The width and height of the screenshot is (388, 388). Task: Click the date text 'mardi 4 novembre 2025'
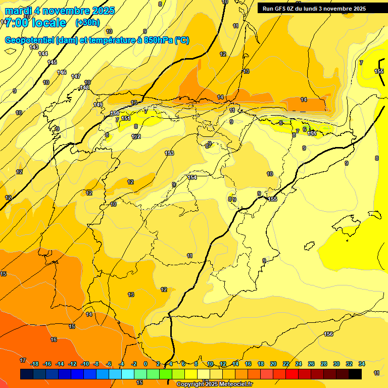[60, 11]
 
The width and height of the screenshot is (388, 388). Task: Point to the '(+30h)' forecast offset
[87, 23]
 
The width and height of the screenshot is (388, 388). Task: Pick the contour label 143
[34, 47]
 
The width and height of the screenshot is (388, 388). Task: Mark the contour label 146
[62, 72]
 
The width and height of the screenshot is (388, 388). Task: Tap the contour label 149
[98, 105]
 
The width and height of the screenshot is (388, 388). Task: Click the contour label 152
[136, 136]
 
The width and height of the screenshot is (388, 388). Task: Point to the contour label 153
[169, 153]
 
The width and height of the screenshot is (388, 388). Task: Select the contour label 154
[192, 177]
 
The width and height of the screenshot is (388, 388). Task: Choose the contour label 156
[328, 334]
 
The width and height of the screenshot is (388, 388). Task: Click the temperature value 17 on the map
[23, 360]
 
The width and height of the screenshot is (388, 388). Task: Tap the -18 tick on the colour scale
[35, 364]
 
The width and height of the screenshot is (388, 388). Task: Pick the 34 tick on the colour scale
[361, 364]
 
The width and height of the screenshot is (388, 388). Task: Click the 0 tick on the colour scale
[145, 364]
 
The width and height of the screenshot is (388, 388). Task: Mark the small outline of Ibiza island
[308, 246]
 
